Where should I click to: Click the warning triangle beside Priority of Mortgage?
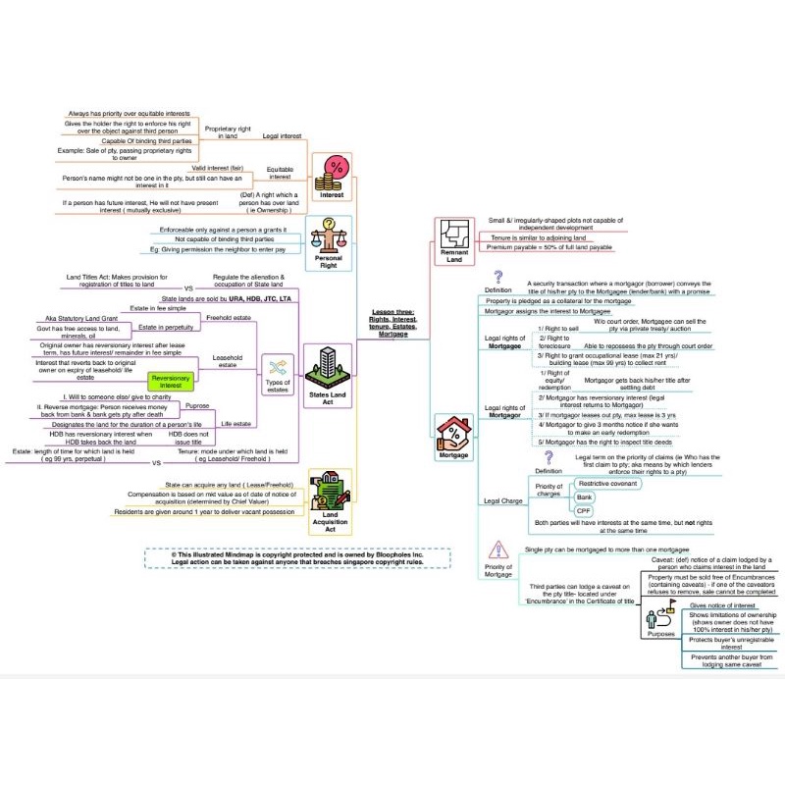point(498,549)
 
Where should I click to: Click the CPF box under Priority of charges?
point(584,510)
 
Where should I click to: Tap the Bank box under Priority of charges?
point(586,497)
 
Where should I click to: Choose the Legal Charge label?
point(503,501)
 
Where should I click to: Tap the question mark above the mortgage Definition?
point(497,278)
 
